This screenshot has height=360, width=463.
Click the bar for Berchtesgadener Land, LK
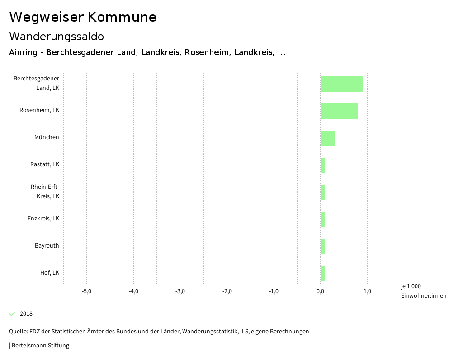[341, 84]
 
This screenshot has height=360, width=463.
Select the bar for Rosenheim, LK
[339, 111]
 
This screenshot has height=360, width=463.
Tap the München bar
[327, 138]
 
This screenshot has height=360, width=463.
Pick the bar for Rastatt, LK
[323, 165]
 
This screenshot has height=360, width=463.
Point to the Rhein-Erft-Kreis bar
[323, 192]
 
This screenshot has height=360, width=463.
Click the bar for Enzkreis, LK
[323, 220]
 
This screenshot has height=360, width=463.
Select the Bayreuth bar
[323, 247]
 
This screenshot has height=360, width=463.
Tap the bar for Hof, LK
[323, 274]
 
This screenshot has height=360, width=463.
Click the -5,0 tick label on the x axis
[86, 291]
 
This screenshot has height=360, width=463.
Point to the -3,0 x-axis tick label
[180, 291]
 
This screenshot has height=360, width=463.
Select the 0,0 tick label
[320, 291]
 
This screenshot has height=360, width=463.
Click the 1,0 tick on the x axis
[367, 291]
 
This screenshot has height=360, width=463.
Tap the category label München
[47, 137]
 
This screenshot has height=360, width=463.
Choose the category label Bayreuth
[47, 246]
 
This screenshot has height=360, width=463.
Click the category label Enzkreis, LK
[43, 219]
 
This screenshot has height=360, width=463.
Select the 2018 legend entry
[26, 314]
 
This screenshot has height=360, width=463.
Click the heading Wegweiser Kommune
[83, 17]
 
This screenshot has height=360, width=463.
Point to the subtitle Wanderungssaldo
[57, 37]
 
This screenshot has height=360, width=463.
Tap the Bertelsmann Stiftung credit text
[40, 346]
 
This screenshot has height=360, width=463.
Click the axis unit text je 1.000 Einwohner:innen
[423, 291]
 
